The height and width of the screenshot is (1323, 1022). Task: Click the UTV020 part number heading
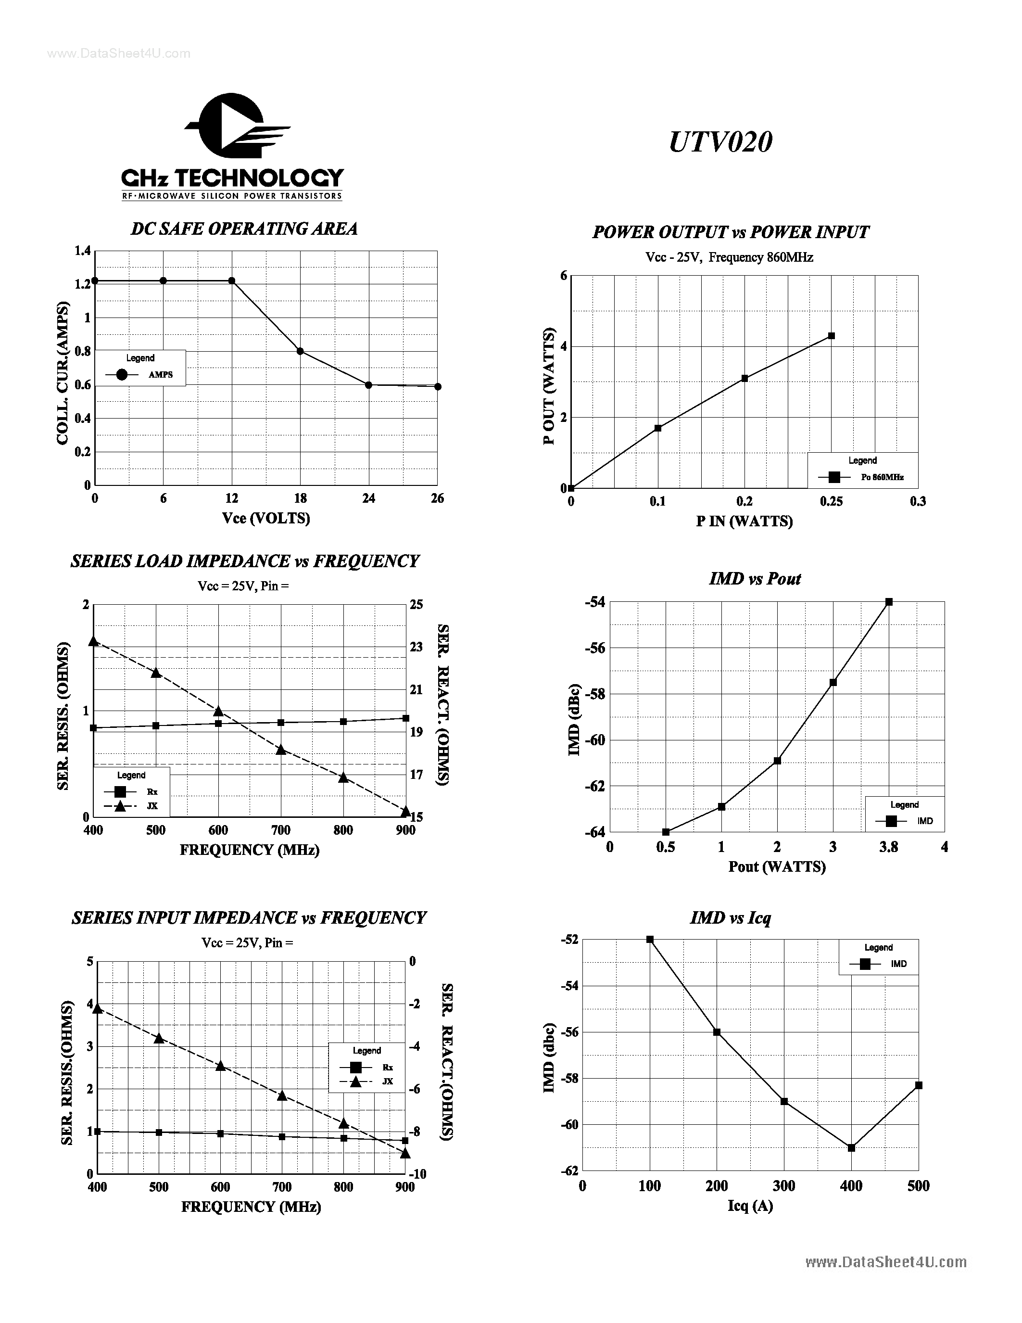click(720, 142)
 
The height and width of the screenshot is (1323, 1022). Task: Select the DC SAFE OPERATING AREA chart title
click(244, 229)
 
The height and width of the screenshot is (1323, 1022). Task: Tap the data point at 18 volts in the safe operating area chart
click(300, 351)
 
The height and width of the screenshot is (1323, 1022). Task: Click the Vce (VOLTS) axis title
click(266, 518)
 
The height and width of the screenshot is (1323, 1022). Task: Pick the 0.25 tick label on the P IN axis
click(831, 501)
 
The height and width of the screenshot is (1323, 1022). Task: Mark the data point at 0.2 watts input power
click(744, 378)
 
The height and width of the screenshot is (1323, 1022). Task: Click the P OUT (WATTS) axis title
click(549, 386)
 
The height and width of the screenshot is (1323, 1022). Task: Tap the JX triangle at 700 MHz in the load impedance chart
click(281, 750)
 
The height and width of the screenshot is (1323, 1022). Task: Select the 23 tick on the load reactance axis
click(416, 647)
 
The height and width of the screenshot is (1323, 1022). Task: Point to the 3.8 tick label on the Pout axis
click(888, 847)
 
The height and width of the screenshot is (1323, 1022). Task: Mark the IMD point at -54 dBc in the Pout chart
click(889, 601)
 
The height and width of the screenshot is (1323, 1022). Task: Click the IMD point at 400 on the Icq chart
click(851, 1147)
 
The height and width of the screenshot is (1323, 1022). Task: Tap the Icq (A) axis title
click(750, 1206)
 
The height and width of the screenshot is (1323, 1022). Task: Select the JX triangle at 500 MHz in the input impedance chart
click(159, 1038)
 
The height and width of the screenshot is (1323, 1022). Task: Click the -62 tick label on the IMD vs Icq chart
click(570, 1170)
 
